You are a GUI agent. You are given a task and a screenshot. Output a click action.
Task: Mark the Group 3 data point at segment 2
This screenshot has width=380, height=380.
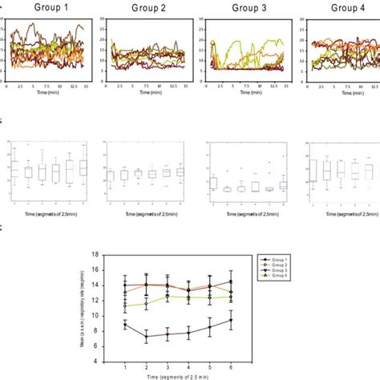point(146,338)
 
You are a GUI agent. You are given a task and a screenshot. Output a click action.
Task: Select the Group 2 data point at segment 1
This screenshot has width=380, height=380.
point(124,305)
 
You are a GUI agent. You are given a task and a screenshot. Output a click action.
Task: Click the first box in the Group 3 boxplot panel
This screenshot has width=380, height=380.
point(213,184)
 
